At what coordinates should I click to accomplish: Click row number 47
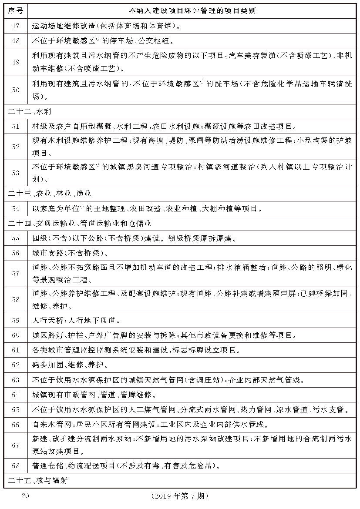tap(16, 26)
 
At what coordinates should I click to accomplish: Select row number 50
tap(16, 90)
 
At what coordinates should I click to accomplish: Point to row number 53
tap(16, 173)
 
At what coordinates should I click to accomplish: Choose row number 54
tap(16, 209)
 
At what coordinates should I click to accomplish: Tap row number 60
tap(16, 335)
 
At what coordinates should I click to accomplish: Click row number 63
tap(16, 380)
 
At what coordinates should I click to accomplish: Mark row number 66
tap(16, 424)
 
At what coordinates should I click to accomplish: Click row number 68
tap(16, 465)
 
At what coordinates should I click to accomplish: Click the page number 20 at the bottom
tap(25, 496)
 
